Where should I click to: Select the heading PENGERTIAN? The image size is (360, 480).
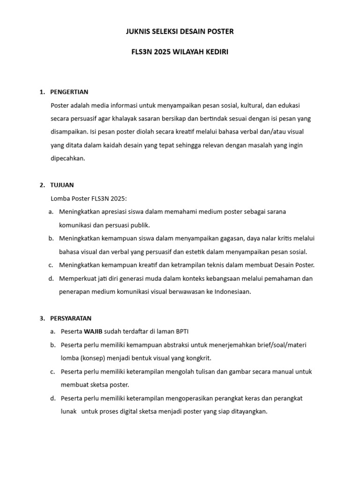coord(69,92)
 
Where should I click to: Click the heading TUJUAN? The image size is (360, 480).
coord(62,185)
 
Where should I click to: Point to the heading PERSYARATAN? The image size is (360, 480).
coord(71,318)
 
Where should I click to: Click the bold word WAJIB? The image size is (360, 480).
coord(93,331)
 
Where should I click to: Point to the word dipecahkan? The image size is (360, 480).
coord(68,158)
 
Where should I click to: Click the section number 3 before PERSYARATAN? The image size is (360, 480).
coord(41,318)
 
